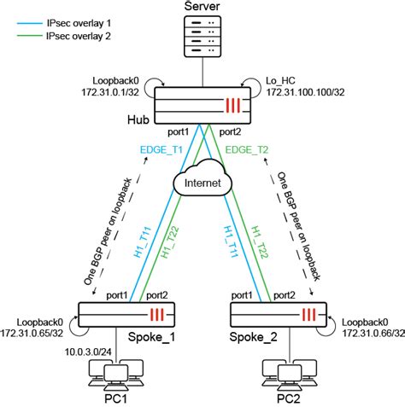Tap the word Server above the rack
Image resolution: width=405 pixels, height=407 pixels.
coord(202,8)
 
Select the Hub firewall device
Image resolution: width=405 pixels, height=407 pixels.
coord(202,107)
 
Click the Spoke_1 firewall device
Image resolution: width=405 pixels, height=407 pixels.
coord(127,316)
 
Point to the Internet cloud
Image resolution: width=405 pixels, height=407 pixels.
coord(202,182)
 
